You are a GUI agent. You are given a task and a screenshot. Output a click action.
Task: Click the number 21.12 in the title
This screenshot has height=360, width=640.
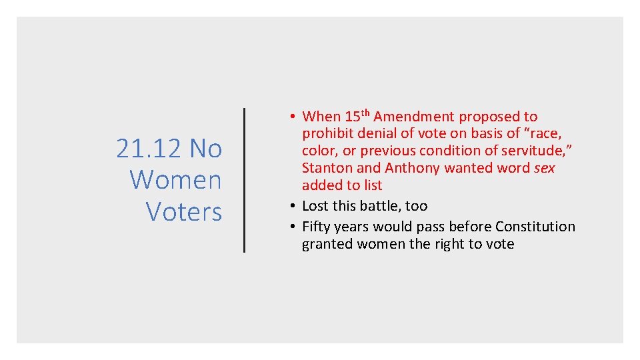coord(149,149)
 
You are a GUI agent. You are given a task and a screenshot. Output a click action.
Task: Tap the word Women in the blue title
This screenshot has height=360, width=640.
coord(175,180)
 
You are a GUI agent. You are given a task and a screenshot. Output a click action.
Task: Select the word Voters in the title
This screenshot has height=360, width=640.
coord(183,211)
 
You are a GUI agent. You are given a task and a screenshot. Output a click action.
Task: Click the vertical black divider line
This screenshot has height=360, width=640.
coord(244,180)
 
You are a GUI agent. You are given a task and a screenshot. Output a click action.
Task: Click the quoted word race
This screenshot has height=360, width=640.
coord(543,134)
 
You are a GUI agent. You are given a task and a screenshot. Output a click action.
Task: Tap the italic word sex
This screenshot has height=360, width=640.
coord(544,168)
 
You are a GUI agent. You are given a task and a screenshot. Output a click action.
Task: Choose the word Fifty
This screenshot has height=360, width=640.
coord(317,227)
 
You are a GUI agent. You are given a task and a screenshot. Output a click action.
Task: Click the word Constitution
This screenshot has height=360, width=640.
coord(535,227)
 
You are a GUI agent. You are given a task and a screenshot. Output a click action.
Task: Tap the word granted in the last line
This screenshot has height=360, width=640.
coord(327,244)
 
